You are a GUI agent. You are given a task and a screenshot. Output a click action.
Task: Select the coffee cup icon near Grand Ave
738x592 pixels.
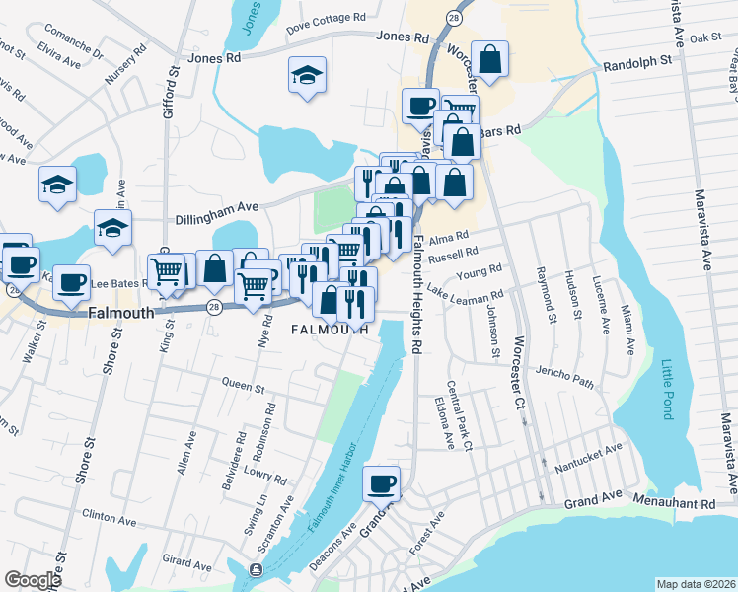[381, 483]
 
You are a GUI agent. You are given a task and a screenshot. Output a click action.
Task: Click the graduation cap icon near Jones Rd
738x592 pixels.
[307, 74]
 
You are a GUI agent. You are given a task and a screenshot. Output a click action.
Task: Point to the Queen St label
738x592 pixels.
[244, 385]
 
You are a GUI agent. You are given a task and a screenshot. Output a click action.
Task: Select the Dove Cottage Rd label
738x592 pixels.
[326, 18]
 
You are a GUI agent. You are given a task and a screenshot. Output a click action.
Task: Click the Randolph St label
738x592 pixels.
[637, 59]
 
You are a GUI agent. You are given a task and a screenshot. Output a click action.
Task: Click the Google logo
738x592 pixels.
[33, 580]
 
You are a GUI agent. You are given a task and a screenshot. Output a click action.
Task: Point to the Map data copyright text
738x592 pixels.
[696, 584]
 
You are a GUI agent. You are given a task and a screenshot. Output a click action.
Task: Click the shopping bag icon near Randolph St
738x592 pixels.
[489, 58]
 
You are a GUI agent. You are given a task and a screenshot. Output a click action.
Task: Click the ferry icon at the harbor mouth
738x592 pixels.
[257, 569]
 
